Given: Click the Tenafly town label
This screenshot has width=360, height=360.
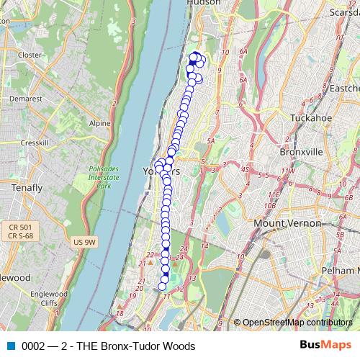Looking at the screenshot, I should coord(27,188).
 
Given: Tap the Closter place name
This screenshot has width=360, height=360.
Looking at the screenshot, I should coord(30,55).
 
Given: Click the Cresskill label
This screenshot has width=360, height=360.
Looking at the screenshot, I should coord(34,143).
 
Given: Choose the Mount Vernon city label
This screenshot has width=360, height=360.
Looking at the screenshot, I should coord(287,223).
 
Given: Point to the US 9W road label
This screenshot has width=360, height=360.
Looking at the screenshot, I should coord(84,243).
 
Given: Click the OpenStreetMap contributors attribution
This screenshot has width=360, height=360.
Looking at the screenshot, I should coord(297,323).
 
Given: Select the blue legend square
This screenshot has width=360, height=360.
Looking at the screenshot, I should coord(10,346).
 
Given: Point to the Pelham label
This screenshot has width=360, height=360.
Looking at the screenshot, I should coord(341,269).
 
